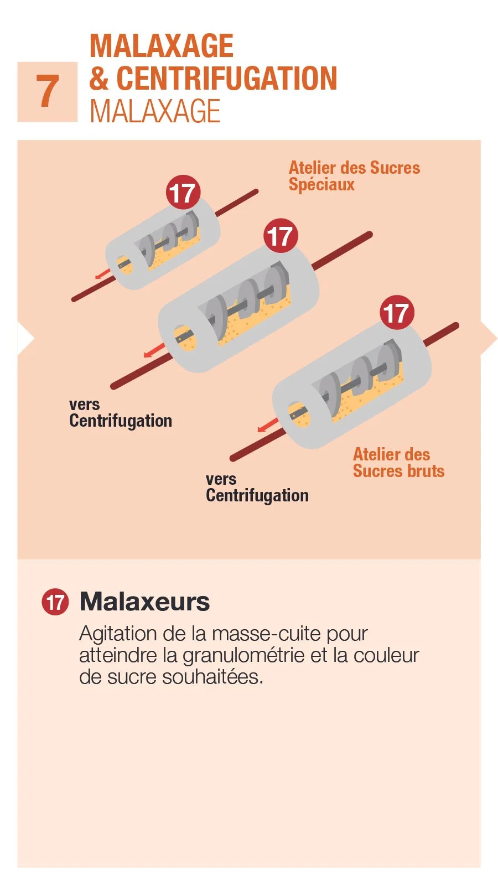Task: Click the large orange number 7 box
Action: [48, 92]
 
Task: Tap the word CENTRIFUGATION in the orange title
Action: [227, 79]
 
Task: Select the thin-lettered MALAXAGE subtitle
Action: [155, 111]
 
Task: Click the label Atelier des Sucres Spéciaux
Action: [354, 175]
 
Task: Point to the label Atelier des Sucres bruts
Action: [398, 463]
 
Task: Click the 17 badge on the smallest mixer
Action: [183, 193]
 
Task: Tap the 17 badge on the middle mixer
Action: [281, 236]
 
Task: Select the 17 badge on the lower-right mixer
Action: [397, 313]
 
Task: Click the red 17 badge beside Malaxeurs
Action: [55, 602]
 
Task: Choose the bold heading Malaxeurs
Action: [145, 602]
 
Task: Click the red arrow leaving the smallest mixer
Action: [102, 273]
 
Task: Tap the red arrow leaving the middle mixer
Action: [154, 350]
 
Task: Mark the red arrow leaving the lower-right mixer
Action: [268, 426]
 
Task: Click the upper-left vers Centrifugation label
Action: [120, 413]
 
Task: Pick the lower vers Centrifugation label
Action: [257, 488]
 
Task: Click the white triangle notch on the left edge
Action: [24, 338]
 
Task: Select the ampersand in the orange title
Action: [99, 79]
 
